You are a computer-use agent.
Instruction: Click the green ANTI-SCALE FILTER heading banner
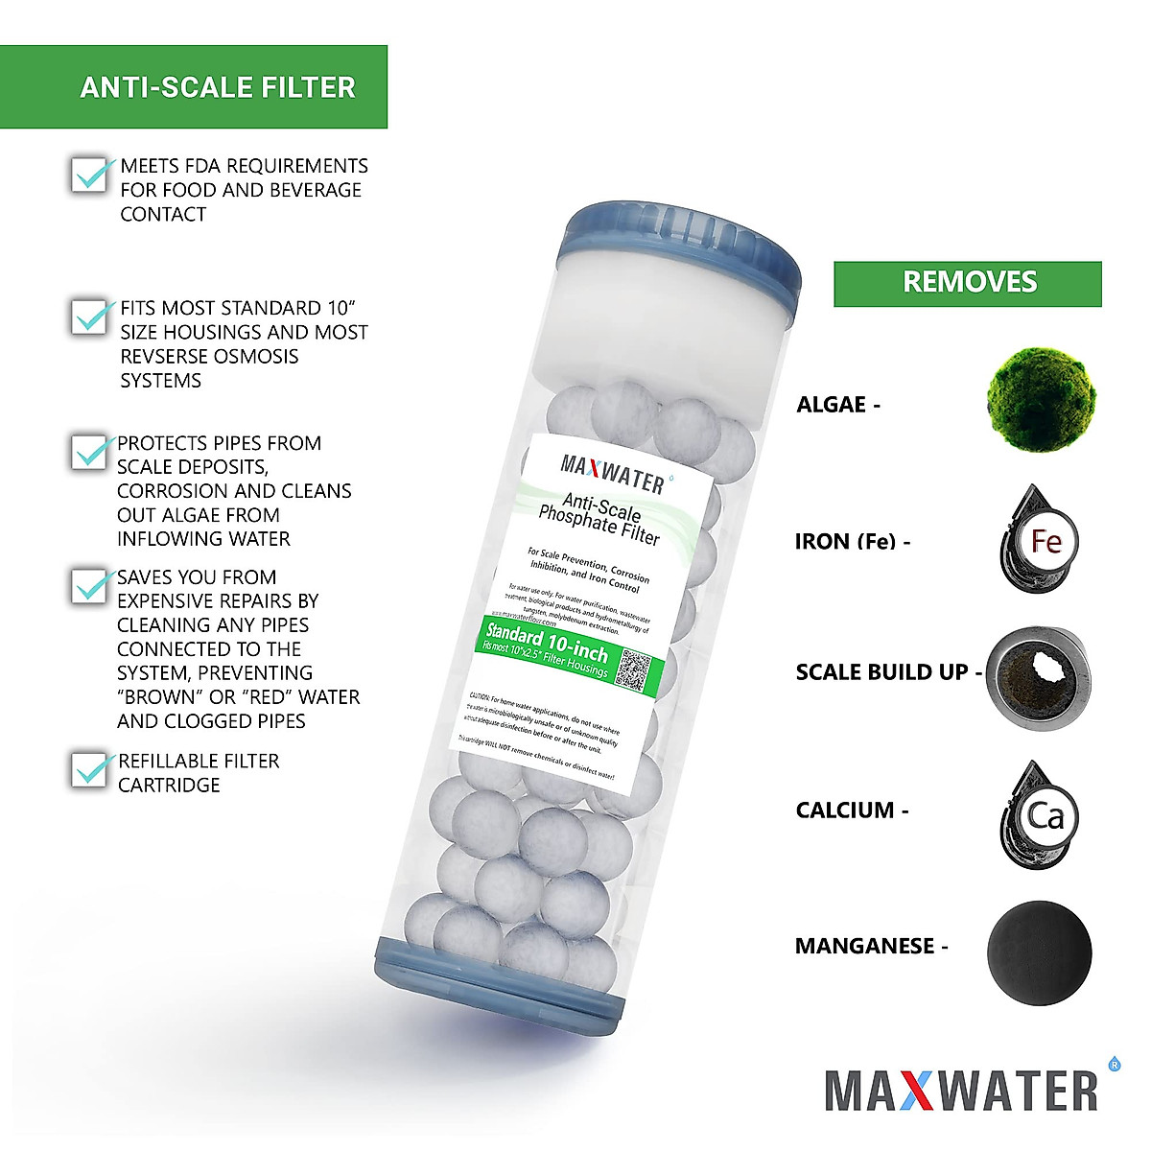click(x=194, y=86)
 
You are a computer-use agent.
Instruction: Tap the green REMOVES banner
click(x=967, y=283)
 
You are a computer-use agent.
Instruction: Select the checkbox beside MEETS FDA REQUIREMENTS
click(x=90, y=175)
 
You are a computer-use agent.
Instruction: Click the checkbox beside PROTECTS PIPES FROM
click(x=90, y=452)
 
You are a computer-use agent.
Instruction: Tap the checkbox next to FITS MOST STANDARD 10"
click(x=90, y=317)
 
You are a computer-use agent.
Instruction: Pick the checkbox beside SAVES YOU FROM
click(x=90, y=586)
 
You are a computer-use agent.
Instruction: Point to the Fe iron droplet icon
click(x=1040, y=541)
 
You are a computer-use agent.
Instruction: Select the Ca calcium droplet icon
click(x=1040, y=816)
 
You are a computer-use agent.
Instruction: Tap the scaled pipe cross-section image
click(x=1040, y=678)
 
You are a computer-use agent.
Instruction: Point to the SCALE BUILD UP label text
click(x=881, y=672)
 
